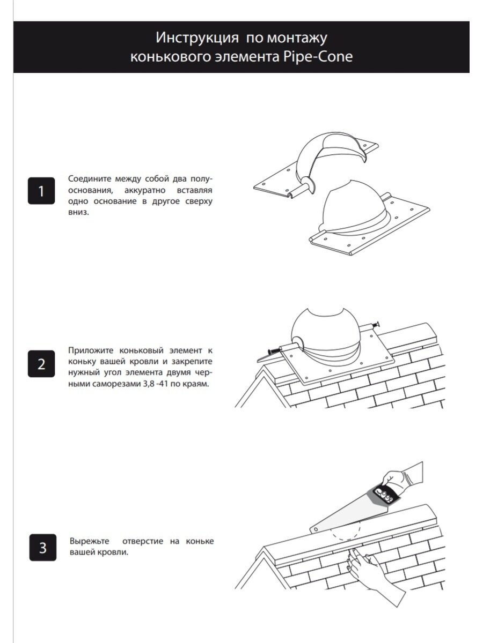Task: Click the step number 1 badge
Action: coord(41,191)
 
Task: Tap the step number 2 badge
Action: coord(41,363)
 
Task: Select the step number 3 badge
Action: coord(43,548)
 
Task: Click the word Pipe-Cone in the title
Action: coord(318,57)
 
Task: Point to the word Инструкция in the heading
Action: coord(197,38)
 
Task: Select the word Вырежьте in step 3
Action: coord(90,541)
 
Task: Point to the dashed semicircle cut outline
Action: coord(346,544)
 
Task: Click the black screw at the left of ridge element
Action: coord(273,350)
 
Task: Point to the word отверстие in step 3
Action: coord(143,541)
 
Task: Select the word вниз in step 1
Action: coord(78,212)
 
